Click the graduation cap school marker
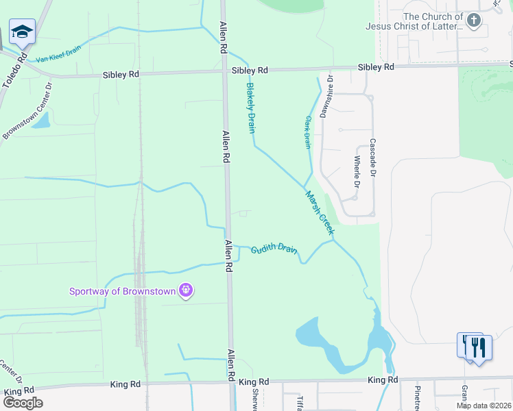click(x=22, y=32)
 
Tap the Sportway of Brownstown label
click(x=122, y=291)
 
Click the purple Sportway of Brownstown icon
click(x=185, y=291)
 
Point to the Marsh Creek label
click(x=319, y=213)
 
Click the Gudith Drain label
click(x=274, y=250)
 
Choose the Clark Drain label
click(x=307, y=131)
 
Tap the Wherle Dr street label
click(x=357, y=171)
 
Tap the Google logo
click(x=22, y=402)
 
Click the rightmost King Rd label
click(x=382, y=379)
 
